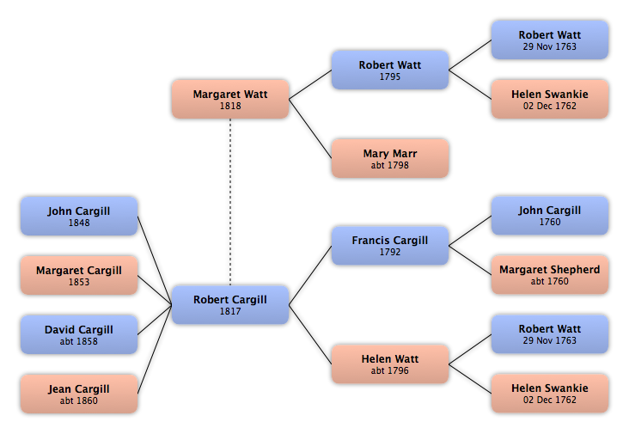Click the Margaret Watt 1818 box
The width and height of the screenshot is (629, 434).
pyautogui.click(x=230, y=99)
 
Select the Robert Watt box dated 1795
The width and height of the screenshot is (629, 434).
pyautogui.click(x=390, y=70)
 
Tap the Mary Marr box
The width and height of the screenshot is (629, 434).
pyautogui.click(x=390, y=158)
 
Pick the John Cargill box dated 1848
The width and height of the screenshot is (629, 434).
pyautogui.click(x=79, y=216)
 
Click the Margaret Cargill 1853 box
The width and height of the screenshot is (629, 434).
pyautogui.click(x=79, y=275)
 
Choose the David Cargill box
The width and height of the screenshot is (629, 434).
pyautogui.click(x=79, y=334)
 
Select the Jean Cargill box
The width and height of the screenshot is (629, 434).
pyautogui.click(x=79, y=394)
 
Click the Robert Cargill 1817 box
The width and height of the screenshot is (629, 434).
pyautogui.click(x=230, y=305)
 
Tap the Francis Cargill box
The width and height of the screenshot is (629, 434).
pyautogui.click(x=390, y=246)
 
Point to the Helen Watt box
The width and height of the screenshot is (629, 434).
pyautogui.click(x=390, y=364)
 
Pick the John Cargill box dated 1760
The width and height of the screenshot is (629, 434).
pyautogui.click(x=550, y=216)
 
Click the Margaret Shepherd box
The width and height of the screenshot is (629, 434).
pyautogui.click(x=550, y=275)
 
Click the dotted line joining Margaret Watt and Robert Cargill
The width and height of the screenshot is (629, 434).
pyautogui.click(x=230, y=202)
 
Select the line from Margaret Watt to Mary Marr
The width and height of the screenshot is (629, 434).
pyautogui.click(x=310, y=129)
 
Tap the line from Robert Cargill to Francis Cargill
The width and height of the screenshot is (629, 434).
pyautogui.click(x=310, y=275)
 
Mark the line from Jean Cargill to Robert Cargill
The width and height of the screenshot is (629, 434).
pyautogui.click(x=155, y=350)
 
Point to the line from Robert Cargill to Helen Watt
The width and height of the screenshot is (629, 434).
pyautogui.click(x=310, y=334)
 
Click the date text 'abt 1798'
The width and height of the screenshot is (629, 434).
pyautogui.click(x=390, y=165)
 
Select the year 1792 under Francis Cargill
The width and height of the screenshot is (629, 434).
pyautogui.click(x=390, y=252)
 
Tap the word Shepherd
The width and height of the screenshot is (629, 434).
pyautogui.click(x=575, y=270)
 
